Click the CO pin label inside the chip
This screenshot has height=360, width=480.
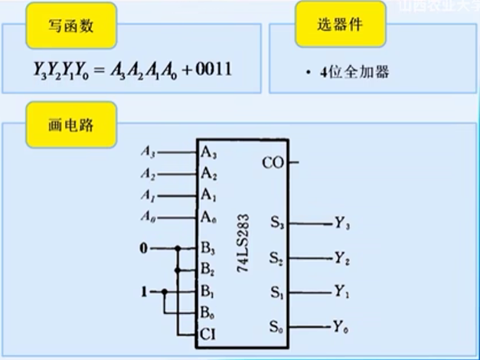[273, 162]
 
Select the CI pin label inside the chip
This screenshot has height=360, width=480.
[208, 335]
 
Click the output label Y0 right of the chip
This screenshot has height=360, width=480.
[341, 328]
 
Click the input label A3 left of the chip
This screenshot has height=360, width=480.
[149, 152]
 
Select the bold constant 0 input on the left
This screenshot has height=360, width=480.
[143, 248]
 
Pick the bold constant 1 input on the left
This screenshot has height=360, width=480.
[143, 292]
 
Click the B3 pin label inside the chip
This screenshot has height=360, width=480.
[208, 248]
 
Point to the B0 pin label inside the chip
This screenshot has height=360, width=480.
[208, 313]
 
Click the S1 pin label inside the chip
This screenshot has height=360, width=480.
[277, 292]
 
